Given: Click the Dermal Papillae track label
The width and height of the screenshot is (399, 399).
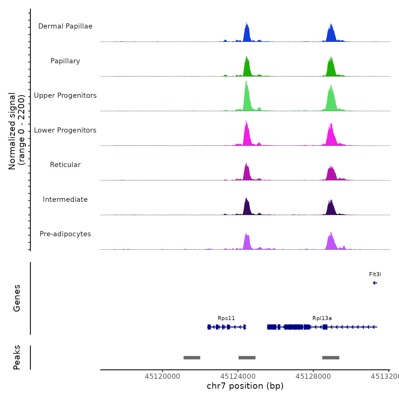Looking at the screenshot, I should (65, 26).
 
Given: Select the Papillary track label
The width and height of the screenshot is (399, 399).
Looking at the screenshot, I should (65, 61).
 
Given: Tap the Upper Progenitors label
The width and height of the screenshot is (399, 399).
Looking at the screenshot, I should (65, 95).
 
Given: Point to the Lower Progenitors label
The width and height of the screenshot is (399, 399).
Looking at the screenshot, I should (65, 130).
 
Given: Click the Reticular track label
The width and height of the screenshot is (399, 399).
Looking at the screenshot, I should (65, 165).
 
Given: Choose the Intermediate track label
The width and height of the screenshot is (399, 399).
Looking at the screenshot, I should (65, 199).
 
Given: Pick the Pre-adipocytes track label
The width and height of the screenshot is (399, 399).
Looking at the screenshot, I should (65, 234).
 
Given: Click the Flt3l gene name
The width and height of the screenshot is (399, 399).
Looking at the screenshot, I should (375, 274).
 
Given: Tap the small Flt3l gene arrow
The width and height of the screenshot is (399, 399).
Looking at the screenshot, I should (375, 283).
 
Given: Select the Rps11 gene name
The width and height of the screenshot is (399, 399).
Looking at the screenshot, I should (226, 318).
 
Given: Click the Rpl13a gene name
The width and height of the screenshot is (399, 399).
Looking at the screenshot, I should (322, 318).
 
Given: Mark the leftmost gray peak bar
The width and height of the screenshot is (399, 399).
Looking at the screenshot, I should (192, 358).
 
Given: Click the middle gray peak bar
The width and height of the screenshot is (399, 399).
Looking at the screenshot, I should (247, 358).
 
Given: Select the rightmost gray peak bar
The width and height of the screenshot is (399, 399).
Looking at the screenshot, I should (331, 358).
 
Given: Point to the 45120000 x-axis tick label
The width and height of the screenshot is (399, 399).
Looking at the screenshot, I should (162, 376).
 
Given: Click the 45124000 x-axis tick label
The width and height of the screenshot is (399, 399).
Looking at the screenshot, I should (238, 376).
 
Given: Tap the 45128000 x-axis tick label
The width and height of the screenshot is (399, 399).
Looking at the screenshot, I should (313, 376).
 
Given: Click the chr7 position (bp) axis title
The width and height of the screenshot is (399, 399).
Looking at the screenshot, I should (245, 386).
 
